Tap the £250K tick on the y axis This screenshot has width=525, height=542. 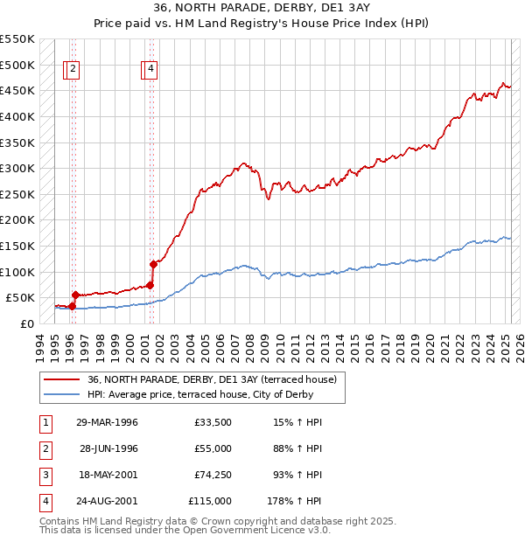tap(17, 194)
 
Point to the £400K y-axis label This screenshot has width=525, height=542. tap(17, 116)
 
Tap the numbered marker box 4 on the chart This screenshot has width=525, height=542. tap(150, 71)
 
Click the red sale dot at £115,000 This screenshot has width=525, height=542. tap(153, 263)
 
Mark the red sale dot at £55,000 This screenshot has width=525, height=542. tap(75, 295)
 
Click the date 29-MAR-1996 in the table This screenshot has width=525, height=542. tap(108, 423)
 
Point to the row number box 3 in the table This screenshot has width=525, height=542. tap(45, 476)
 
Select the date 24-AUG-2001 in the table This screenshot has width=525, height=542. tap(108, 502)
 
